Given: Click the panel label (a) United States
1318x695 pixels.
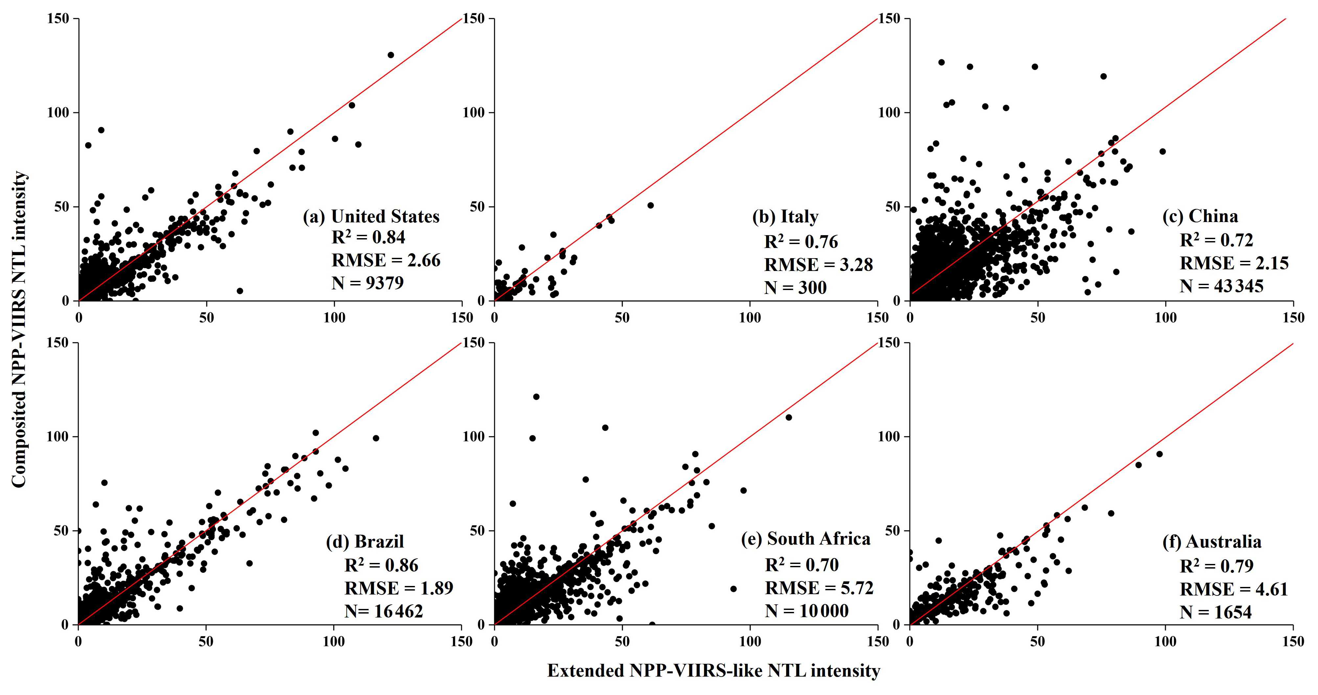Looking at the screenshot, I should click(x=371, y=217).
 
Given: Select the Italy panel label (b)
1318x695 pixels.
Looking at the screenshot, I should click(x=785, y=217).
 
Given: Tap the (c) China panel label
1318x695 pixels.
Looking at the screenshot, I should click(x=1200, y=216).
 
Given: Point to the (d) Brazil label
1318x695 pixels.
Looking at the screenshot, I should click(x=364, y=542).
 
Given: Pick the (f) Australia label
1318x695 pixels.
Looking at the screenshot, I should click(x=1212, y=542).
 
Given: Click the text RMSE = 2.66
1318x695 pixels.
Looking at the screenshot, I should click(x=386, y=260).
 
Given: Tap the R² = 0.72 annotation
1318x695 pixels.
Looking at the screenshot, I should click(x=1216, y=240).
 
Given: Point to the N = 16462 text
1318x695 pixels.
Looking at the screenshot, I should click(x=384, y=611).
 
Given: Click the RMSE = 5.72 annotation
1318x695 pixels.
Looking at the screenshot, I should click(x=819, y=588).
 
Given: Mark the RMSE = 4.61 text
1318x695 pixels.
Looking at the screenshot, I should click(x=1233, y=589).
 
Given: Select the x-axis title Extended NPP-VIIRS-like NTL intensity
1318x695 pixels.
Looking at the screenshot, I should click(x=713, y=670).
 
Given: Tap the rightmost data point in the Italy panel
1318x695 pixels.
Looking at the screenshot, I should click(x=650, y=205).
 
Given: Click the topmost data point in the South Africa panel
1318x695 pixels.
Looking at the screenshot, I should click(x=536, y=396).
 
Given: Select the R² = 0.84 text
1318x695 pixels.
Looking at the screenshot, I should click(x=368, y=237).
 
